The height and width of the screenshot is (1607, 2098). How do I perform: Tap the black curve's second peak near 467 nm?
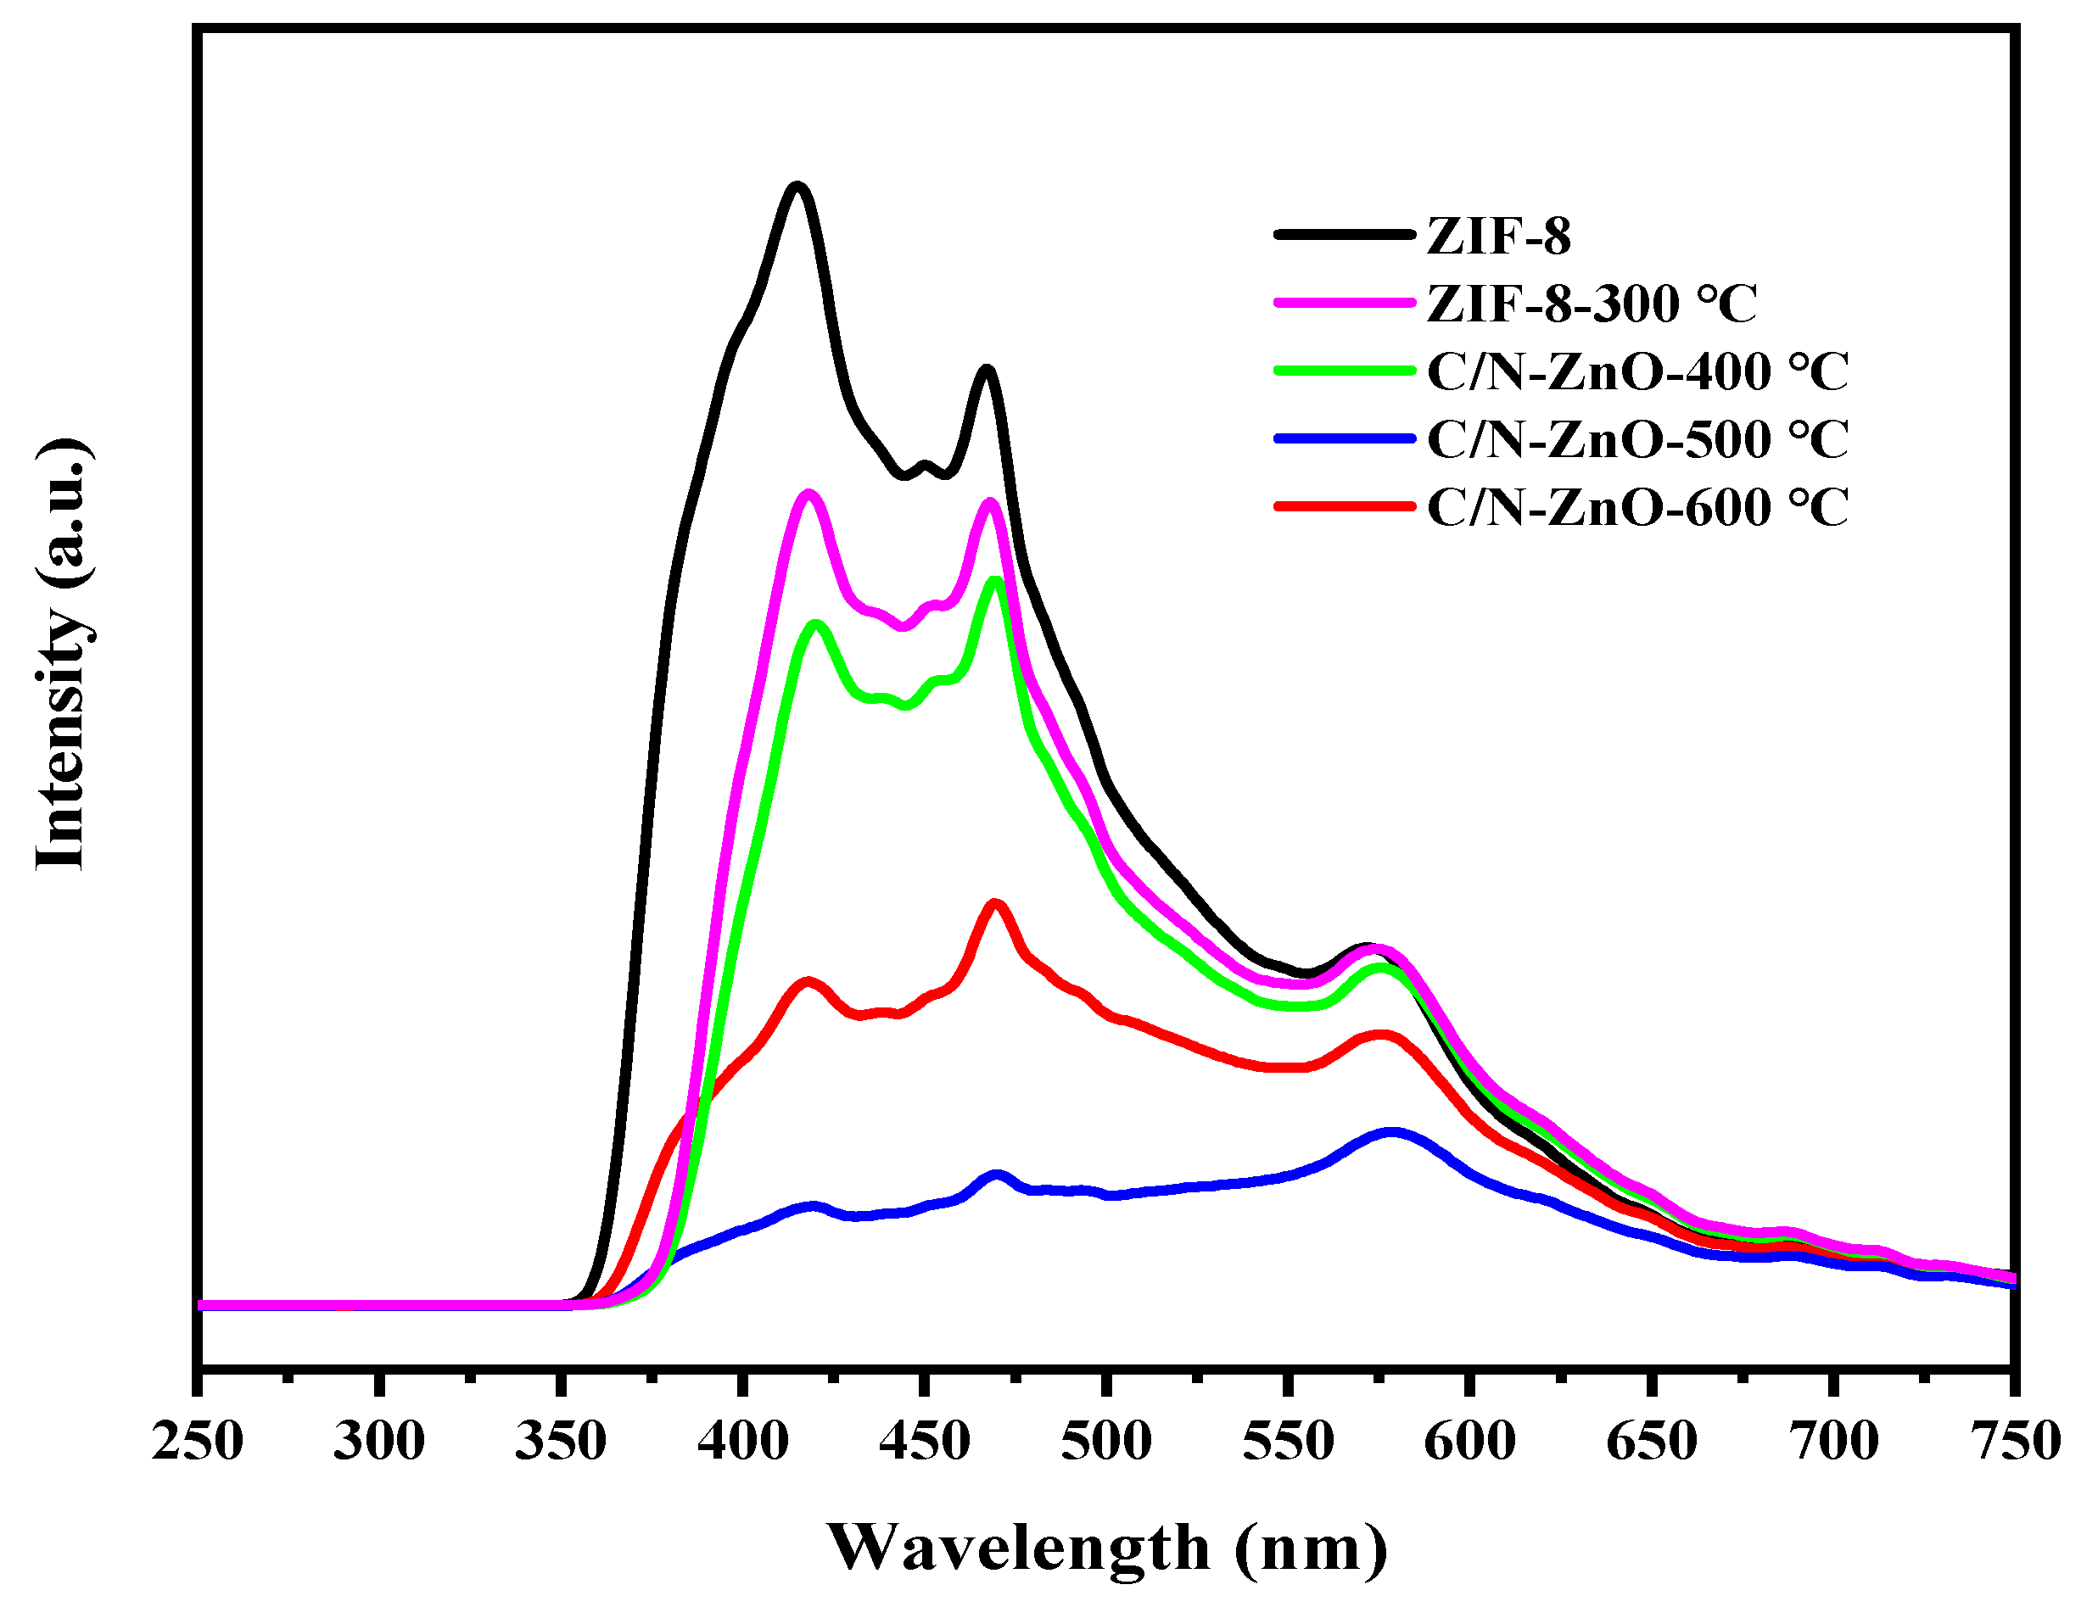coord(986,371)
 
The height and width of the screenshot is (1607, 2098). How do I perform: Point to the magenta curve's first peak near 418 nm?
coord(809,495)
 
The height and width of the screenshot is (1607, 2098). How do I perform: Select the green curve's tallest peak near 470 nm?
coord(996,581)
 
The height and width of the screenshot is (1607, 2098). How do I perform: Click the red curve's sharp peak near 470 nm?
coord(995,904)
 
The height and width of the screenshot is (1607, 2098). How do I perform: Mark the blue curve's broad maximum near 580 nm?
coord(1392,1134)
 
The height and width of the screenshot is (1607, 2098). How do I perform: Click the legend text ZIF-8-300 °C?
coord(1591,304)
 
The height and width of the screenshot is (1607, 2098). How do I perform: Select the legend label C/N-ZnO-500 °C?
coord(1636,440)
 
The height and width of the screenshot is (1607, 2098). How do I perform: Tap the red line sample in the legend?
coord(1343,507)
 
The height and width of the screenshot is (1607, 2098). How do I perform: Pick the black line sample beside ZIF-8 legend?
coord(1343,234)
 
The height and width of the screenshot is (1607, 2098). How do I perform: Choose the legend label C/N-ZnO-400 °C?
coord(1636,372)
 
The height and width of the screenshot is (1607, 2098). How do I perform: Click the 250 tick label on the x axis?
coord(197,1442)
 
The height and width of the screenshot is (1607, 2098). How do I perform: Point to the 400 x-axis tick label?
coord(742,1442)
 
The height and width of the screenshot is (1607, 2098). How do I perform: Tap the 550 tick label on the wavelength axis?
coord(1288,1442)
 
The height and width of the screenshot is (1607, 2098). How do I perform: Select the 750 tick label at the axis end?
coord(2015,1442)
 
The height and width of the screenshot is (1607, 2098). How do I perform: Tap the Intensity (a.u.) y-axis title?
coord(62,656)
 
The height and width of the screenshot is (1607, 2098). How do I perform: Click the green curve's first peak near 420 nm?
coord(815,626)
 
